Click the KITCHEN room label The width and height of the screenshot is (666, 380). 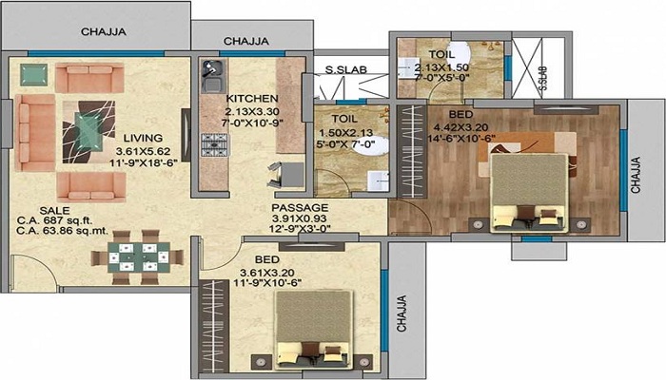click(252, 99)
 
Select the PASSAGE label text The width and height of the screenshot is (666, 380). click(300, 208)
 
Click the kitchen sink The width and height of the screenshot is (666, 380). click(212, 76)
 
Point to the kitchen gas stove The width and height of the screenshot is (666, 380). click(214, 144)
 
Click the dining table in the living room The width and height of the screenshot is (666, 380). click(139, 257)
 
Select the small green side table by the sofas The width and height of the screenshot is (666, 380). click(34, 75)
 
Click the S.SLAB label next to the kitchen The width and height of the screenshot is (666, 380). click(345, 70)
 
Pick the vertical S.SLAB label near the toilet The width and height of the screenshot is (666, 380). click(542, 78)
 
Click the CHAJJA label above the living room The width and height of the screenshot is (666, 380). click(103, 31)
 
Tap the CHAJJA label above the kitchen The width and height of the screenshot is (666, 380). click(245, 41)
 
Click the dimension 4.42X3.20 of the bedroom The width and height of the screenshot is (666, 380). click(460, 127)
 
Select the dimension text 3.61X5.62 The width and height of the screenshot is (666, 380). click(143, 151)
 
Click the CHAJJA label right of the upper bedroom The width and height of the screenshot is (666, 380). click(636, 175)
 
